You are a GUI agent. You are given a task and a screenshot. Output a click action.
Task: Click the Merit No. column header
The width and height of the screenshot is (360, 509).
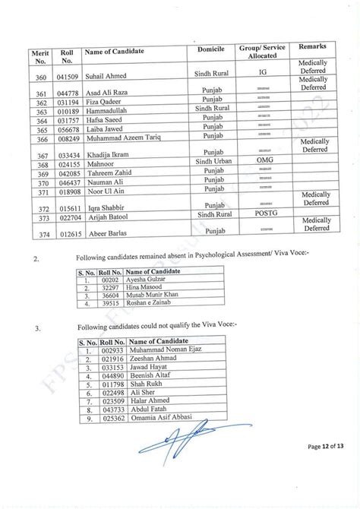click(39, 56)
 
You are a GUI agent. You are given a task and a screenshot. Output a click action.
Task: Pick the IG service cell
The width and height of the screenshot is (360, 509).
click(264, 76)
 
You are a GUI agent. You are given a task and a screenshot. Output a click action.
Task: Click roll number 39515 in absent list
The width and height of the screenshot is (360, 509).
click(111, 305)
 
